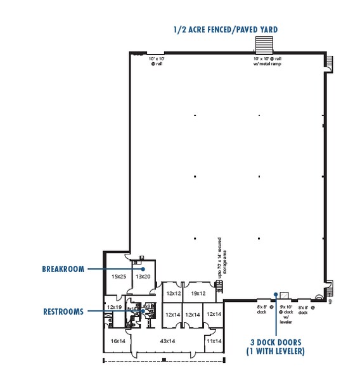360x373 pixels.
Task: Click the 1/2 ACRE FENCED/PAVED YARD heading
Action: coord(226,29)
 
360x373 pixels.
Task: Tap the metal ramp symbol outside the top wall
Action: coord(262,45)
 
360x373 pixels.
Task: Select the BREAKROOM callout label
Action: coord(63,269)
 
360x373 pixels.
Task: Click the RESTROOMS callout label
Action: coord(63,311)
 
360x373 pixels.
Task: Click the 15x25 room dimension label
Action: coord(119,277)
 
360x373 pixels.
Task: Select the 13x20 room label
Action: coord(143,277)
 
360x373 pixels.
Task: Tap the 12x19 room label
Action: coord(114,307)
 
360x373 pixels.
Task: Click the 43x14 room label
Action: coord(167,341)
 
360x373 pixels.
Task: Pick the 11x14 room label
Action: coord(214,341)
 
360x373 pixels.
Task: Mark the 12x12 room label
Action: coord(174,294)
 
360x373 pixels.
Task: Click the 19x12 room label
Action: coord(198,294)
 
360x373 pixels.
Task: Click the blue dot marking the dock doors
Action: coord(276,294)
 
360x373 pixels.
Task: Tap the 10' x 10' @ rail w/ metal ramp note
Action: coord(262,61)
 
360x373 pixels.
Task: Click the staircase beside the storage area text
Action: coord(220,288)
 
